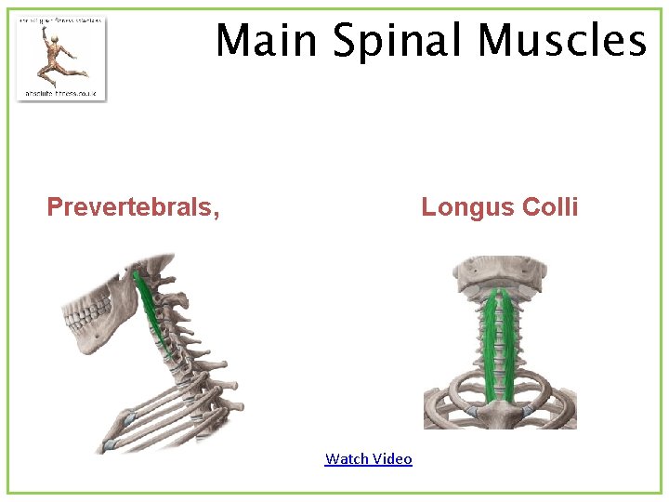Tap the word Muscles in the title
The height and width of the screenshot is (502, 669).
click(560, 41)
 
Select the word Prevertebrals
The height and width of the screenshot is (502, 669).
click(130, 206)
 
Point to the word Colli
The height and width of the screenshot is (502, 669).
click(551, 206)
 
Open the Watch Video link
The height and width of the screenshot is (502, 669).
click(368, 458)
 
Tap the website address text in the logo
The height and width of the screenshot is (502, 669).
click(60, 93)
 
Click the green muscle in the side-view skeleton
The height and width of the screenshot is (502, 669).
click(149, 307)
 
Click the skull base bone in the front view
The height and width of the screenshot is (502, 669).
click(499, 271)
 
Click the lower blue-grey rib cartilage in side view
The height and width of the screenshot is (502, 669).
click(110, 446)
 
